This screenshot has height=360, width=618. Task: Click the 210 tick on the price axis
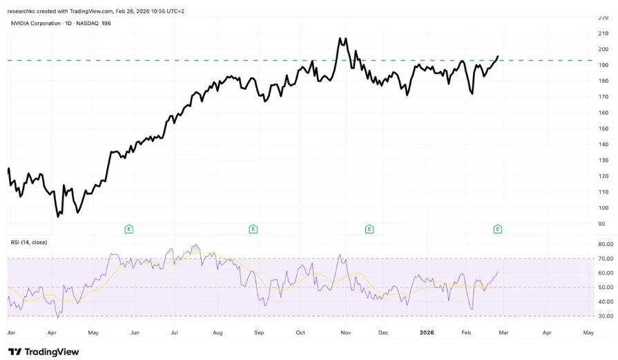click(x=603, y=33)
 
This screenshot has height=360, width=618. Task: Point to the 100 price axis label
click(x=603, y=208)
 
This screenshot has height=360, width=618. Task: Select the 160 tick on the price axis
click(x=603, y=113)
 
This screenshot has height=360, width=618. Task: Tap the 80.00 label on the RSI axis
click(x=606, y=244)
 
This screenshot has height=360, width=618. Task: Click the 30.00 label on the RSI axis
click(x=606, y=316)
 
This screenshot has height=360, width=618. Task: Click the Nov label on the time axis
click(x=346, y=332)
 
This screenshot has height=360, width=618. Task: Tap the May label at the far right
click(x=588, y=332)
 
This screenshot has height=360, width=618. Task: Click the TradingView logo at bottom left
click(x=44, y=351)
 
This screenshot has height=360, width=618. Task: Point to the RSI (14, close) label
click(x=29, y=242)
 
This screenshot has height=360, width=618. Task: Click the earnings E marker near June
click(x=128, y=229)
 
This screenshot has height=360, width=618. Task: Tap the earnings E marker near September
click(x=253, y=229)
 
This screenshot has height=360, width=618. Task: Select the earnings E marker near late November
click(x=369, y=229)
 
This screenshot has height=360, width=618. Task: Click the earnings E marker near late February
click(x=497, y=229)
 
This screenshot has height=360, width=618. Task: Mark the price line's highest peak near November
click(x=340, y=39)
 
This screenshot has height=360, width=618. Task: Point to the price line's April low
click(x=58, y=216)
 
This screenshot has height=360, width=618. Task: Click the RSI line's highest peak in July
click(x=195, y=245)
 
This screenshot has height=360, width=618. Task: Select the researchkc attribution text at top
click(x=96, y=11)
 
